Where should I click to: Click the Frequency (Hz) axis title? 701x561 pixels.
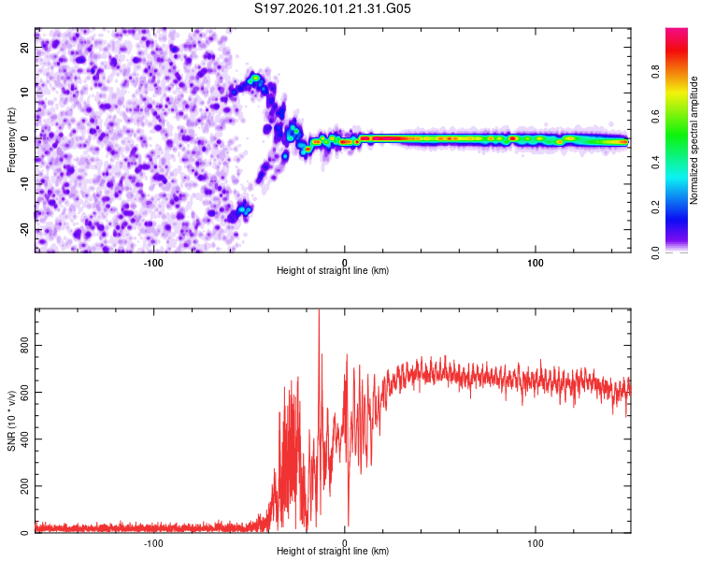pyautogui.click(x=11, y=139)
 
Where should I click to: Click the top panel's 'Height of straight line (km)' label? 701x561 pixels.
pyautogui.click(x=333, y=270)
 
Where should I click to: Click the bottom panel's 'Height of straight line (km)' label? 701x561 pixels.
pyautogui.click(x=333, y=551)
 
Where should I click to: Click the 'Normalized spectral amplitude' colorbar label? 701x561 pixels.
pyautogui.click(x=694, y=140)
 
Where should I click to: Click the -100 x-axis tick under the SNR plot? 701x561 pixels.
pyautogui.click(x=153, y=542)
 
